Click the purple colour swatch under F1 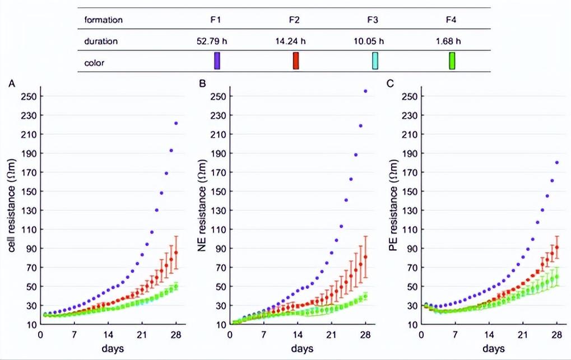coord(216,60)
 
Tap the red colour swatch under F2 coord(295,60)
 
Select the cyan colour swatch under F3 coord(375,60)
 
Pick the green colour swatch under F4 coord(452,60)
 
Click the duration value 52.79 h coord(216,41)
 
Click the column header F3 coord(373,20)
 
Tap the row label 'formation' coord(103,20)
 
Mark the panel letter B coord(202,84)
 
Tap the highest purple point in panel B coord(366,91)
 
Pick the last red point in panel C coord(556,247)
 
